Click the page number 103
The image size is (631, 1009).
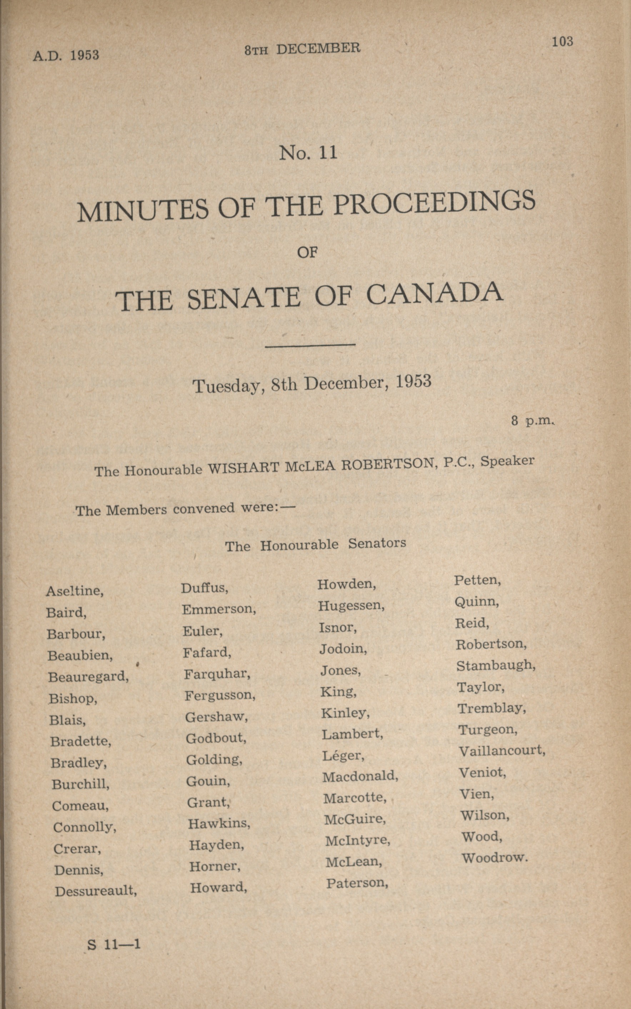[x=562, y=42]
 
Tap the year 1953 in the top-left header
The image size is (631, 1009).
[x=84, y=55]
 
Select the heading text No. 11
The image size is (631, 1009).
[x=308, y=153]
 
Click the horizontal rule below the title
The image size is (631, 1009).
[x=310, y=345]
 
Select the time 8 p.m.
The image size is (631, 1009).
[x=532, y=421]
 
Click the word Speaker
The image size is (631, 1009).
[x=507, y=461]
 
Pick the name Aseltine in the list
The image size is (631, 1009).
[x=75, y=591]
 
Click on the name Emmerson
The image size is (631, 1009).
[x=219, y=609]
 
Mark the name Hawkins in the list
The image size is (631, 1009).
[x=219, y=823]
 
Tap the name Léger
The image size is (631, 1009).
[x=342, y=755]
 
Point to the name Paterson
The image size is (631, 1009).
[x=357, y=883]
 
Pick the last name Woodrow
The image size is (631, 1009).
[x=495, y=858]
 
